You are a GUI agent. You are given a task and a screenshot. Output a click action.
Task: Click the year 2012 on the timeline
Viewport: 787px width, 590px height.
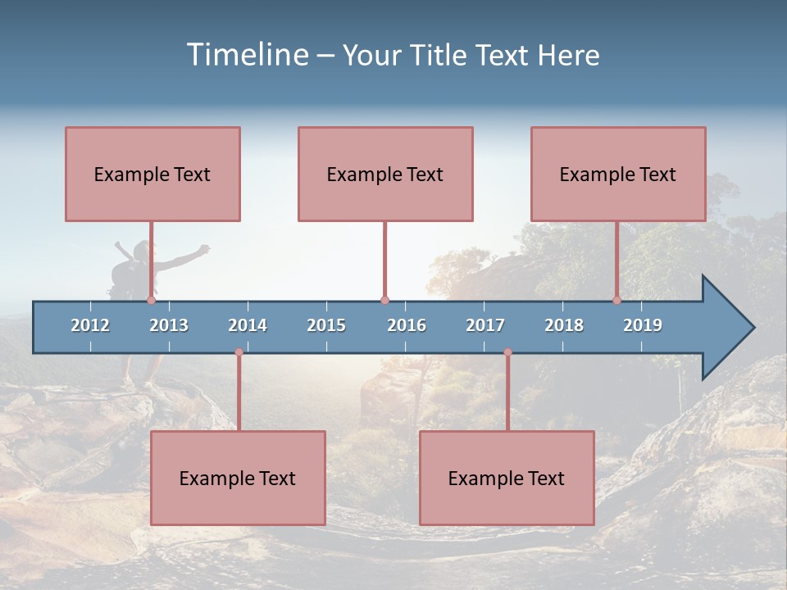click(x=90, y=325)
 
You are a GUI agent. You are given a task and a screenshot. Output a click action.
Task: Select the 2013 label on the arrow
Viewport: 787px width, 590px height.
click(x=169, y=325)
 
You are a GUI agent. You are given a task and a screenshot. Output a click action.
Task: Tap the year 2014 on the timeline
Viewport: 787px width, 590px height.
click(x=248, y=325)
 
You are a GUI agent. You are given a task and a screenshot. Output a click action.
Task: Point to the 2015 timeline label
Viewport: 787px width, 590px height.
click(x=326, y=325)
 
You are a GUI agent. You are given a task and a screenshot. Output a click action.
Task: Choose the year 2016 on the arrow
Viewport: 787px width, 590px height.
click(x=407, y=325)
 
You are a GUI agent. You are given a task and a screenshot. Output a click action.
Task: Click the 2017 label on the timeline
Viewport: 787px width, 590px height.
click(x=485, y=325)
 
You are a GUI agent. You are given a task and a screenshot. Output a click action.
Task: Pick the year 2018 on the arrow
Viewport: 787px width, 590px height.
click(x=564, y=325)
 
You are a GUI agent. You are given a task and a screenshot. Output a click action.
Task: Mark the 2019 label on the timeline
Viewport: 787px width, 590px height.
click(x=643, y=325)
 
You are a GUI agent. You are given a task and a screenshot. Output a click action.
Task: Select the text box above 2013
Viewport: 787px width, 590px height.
click(x=152, y=174)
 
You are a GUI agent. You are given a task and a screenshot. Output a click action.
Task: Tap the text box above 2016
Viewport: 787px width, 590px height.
click(x=385, y=174)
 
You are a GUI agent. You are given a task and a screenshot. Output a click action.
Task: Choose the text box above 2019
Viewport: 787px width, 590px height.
click(x=618, y=174)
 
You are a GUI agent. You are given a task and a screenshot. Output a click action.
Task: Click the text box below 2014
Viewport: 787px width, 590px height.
click(x=238, y=478)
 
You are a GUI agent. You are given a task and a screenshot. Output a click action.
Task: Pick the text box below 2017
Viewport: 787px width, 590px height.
click(x=507, y=478)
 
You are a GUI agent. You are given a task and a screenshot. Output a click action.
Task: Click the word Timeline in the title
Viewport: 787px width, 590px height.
click(x=245, y=55)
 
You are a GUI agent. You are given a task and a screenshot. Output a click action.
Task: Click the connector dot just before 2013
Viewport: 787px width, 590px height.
click(x=151, y=301)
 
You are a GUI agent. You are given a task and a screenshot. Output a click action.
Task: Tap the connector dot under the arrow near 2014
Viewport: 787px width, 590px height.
click(x=239, y=352)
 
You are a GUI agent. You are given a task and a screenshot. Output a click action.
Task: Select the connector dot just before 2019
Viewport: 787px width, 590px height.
click(x=616, y=301)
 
